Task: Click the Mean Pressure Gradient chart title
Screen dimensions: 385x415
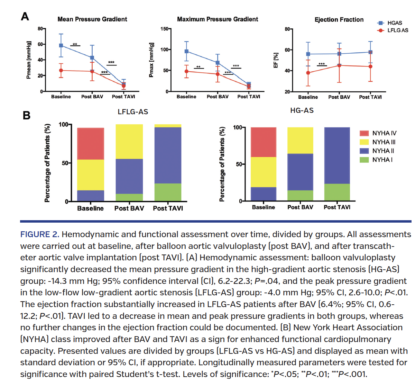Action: click(x=92, y=19)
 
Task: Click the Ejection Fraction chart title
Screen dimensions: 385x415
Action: click(x=339, y=20)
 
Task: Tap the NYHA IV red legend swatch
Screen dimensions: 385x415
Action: click(x=364, y=133)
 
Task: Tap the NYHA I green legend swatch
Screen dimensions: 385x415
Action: click(x=364, y=160)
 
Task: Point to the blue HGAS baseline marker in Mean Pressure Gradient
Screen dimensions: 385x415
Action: click(x=61, y=45)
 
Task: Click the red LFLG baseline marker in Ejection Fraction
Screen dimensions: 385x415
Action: click(x=308, y=73)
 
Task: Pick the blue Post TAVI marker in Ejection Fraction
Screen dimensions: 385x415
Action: click(x=370, y=52)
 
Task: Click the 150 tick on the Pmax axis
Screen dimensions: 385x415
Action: click(x=164, y=29)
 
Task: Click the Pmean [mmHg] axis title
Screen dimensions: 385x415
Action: click(x=29, y=60)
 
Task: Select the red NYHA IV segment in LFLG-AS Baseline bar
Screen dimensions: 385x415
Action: click(x=91, y=144)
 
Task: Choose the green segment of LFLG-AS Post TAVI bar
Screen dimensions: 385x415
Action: click(x=168, y=192)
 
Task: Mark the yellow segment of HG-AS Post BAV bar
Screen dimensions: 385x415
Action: click(x=300, y=140)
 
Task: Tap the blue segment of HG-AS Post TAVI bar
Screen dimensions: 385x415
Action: click(x=337, y=155)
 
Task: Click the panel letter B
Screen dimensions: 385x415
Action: click(x=26, y=115)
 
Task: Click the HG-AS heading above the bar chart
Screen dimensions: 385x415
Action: click(x=302, y=110)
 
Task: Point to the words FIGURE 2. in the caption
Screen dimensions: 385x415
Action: click(x=40, y=234)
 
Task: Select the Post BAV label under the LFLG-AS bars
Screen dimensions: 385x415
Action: click(x=129, y=208)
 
